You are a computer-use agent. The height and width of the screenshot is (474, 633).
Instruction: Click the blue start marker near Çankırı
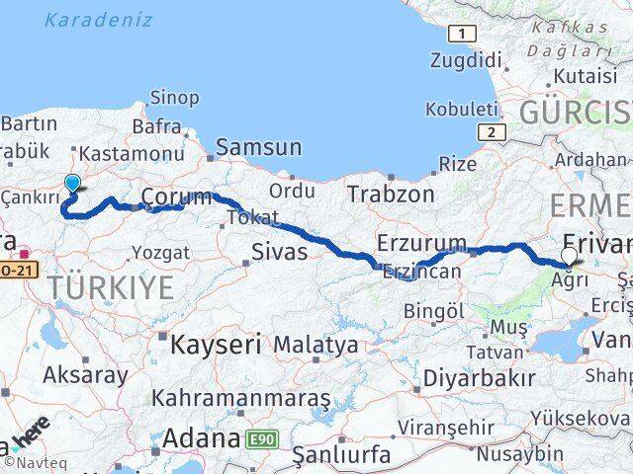click(x=72, y=183)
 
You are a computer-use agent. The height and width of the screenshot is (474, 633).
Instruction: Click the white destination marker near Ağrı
click(x=569, y=257)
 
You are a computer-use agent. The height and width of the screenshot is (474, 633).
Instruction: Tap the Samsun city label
click(x=259, y=148)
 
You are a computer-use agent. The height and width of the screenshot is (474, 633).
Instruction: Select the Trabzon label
click(x=390, y=195)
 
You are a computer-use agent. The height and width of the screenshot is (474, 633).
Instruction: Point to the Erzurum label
click(x=421, y=243)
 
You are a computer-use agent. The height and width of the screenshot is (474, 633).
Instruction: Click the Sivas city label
click(x=280, y=252)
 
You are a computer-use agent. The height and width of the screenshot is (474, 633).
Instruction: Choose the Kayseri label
click(x=216, y=345)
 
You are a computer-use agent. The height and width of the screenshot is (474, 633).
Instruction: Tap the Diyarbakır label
click(x=479, y=377)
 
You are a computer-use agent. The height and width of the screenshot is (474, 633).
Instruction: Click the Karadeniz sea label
click(x=99, y=20)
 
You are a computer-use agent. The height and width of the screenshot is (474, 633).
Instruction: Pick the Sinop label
click(x=173, y=97)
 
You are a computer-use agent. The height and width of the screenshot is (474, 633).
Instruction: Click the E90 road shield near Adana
click(x=261, y=437)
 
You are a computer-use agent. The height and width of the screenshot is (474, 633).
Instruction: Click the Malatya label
click(x=316, y=346)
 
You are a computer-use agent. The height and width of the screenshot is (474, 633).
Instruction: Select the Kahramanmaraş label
click(x=240, y=398)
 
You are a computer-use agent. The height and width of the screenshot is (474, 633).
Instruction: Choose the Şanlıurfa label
click(x=341, y=456)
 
